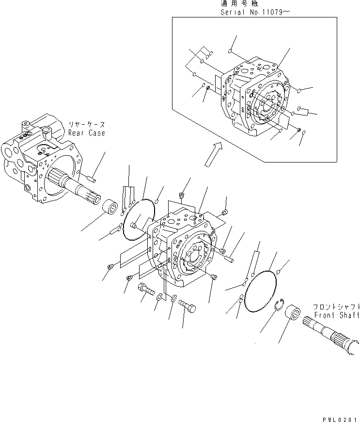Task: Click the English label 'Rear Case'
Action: tap(86, 133)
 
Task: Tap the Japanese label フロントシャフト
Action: tap(336, 307)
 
